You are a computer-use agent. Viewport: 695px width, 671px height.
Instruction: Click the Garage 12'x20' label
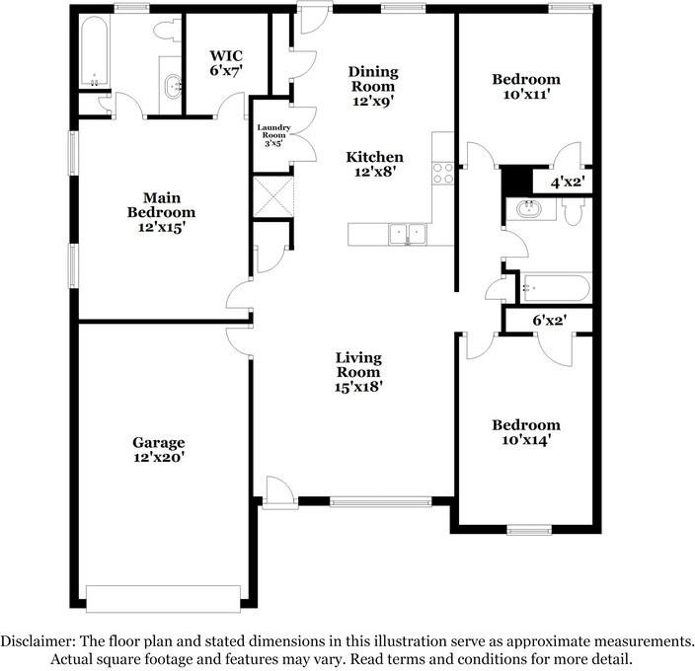click(x=159, y=450)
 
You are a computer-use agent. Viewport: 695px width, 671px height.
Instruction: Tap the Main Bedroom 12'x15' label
click(x=161, y=212)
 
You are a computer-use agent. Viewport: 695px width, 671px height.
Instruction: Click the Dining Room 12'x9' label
click(x=372, y=86)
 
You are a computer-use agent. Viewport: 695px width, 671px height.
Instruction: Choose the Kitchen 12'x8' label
click(x=372, y=165)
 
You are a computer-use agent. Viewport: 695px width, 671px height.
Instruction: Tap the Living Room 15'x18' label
click(x=358, y=372)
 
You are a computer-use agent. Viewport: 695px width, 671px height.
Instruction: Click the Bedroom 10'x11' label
click(x=526, y=87)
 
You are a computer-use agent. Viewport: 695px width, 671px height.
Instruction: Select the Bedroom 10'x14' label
click(x=526, y=432)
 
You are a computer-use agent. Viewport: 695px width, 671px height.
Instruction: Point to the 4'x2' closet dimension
click(x=567, y=182)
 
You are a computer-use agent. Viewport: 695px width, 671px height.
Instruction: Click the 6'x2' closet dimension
click(x=550, y=320)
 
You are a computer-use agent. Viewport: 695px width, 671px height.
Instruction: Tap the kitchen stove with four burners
click(x=442, y=174)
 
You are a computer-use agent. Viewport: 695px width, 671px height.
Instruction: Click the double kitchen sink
click(x=407, y=234)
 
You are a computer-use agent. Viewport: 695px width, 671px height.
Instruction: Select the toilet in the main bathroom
click(x=164, y=30)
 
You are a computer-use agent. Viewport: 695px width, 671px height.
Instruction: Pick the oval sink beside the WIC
click(x=174, y=87)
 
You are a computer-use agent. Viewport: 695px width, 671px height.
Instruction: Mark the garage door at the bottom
click(x=163, y=598)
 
